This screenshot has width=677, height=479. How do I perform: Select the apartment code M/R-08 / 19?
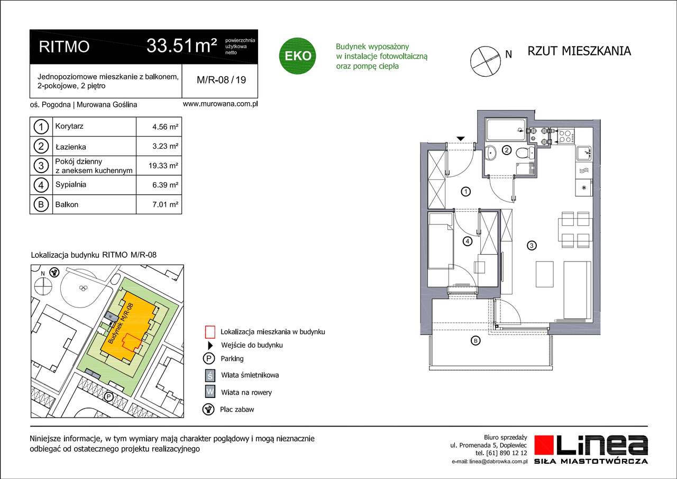coord(221,80)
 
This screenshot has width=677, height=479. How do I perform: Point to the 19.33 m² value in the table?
coord(163,165)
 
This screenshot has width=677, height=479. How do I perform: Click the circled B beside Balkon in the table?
coord(41,204)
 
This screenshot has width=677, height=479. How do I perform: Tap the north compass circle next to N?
coord(484,58)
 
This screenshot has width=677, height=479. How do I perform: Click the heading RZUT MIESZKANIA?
coord(579,51)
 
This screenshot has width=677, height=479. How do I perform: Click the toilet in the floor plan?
coord(524,153)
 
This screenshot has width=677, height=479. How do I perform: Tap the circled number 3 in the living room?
coord(532,245)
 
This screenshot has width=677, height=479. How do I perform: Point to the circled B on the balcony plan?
coord(475,341)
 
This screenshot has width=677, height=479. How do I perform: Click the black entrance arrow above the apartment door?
coord(461,139)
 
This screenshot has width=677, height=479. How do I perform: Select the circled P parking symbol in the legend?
coord(210,358)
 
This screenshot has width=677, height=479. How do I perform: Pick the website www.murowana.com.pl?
coord(219,104)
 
